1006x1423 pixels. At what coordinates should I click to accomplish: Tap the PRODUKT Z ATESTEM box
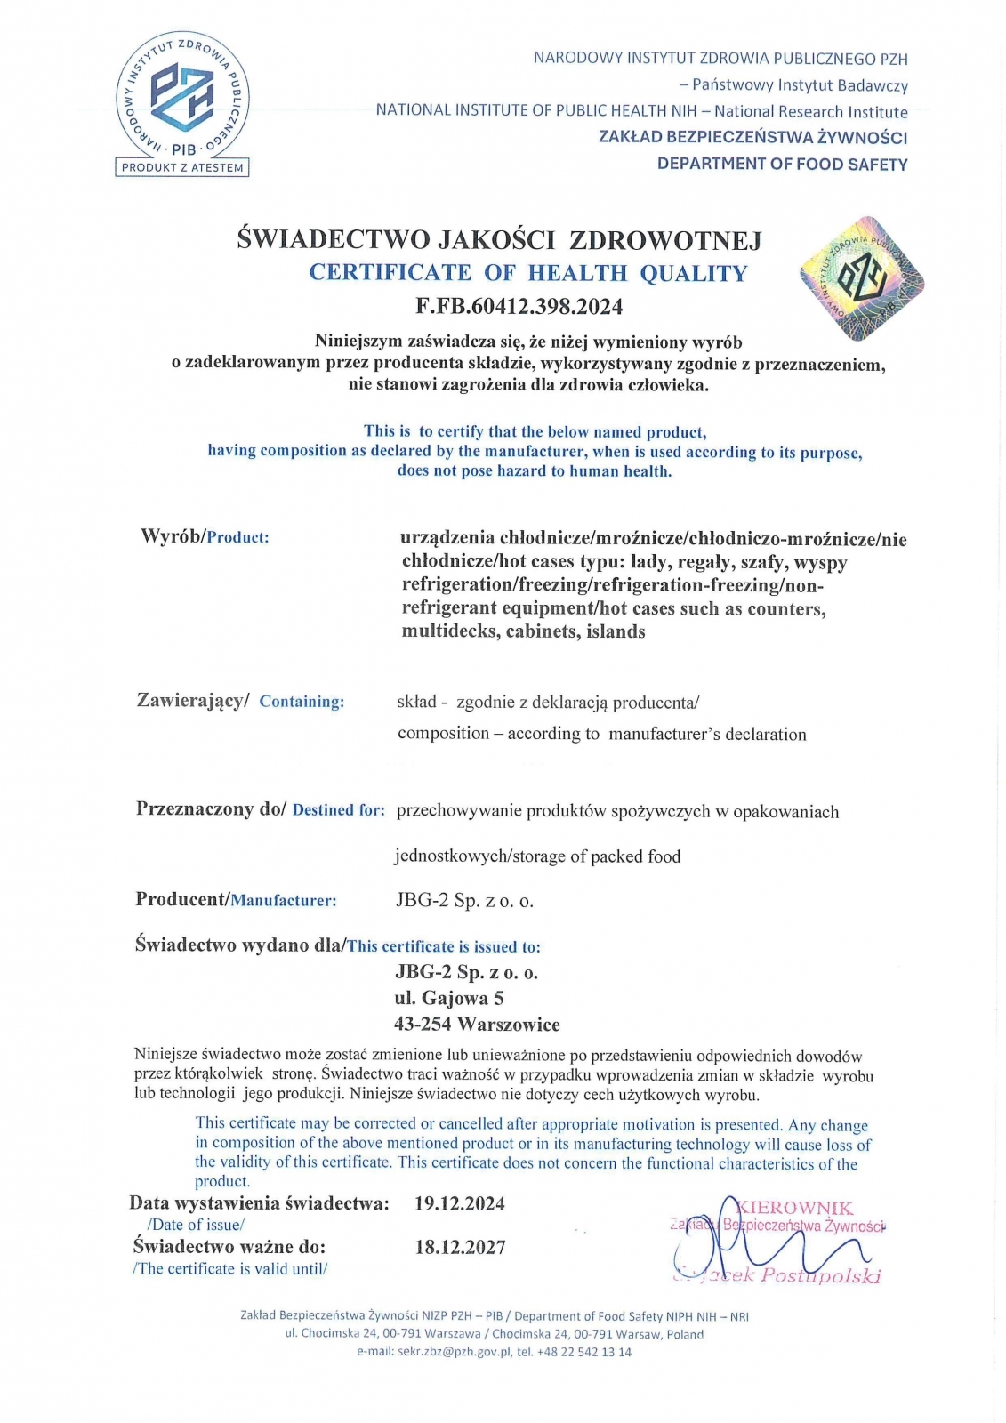[x=182, y=167]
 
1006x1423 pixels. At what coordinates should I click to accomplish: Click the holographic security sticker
[x=861, y=278]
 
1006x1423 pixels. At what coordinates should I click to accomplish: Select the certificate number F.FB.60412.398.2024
[x=519, y=307]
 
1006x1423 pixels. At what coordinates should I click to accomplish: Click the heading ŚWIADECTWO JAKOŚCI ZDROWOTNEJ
[x=499, y=239]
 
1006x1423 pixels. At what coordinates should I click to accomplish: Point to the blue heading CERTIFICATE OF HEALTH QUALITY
[x=528, y=273]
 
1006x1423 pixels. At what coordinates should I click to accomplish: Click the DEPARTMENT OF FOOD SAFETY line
[x=782, y=164]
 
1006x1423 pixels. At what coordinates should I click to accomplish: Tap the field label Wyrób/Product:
[x=205, y=536]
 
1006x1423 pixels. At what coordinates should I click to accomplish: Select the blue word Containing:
[x=302, y=702]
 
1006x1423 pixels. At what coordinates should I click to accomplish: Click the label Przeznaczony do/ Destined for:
[x=260, y=809]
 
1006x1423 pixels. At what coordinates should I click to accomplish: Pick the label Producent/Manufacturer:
[x=236, y=900]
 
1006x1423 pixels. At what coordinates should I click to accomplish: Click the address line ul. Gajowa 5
[x=449, y=998]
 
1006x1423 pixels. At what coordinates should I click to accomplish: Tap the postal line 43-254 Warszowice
[x=477, y=1024]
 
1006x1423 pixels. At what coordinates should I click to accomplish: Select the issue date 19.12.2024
[x=460, y=1204]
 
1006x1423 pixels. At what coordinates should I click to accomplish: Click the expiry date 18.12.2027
[x=460, y=1247]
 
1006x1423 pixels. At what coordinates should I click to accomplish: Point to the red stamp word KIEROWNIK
[x=794, y=1208]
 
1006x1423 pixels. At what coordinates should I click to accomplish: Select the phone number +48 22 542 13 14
[x=584, y=1352]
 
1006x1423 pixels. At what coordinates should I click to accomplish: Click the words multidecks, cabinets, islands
[x=523, y=631]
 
